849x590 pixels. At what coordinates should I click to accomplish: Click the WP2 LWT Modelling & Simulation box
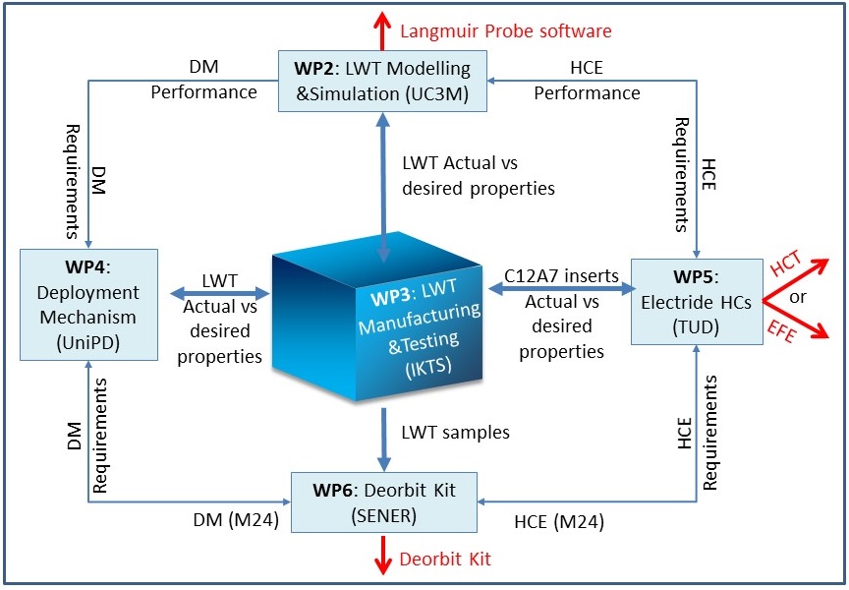tap(382, 82)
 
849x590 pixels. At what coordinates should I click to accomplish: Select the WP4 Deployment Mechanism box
tap(88, 305)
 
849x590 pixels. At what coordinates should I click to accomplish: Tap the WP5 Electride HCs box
tap(697, 302)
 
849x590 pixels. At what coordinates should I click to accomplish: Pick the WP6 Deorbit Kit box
tap(384, 502)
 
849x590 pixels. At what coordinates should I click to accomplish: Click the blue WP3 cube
tap(377, 317)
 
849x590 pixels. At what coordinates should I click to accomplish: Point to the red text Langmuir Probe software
tap(506, 30)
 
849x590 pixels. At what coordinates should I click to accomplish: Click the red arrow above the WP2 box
tap(382, 30)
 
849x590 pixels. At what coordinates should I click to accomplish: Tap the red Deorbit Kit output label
tap(445, 559)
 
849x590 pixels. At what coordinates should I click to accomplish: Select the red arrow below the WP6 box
tap(383, 555)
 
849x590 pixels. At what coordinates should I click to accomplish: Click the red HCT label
tap(786, 264)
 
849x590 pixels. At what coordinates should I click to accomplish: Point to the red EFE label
tap(782, 331)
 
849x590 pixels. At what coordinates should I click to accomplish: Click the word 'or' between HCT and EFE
tap(798, 297)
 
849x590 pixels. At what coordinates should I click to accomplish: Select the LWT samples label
tap(455, 432)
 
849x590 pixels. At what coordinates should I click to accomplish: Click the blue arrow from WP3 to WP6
tap(384, 440)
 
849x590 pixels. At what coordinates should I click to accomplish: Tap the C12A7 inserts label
tap(561, 275)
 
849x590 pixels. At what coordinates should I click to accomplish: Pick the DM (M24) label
tap(236, 520)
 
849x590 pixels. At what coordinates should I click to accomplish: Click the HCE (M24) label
tap(559, 522)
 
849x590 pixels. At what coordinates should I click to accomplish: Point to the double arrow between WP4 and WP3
tap(220, 294)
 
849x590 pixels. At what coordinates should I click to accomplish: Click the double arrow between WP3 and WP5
tap(562, 289)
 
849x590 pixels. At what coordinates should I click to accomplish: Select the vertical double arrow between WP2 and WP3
tap(383, 188)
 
